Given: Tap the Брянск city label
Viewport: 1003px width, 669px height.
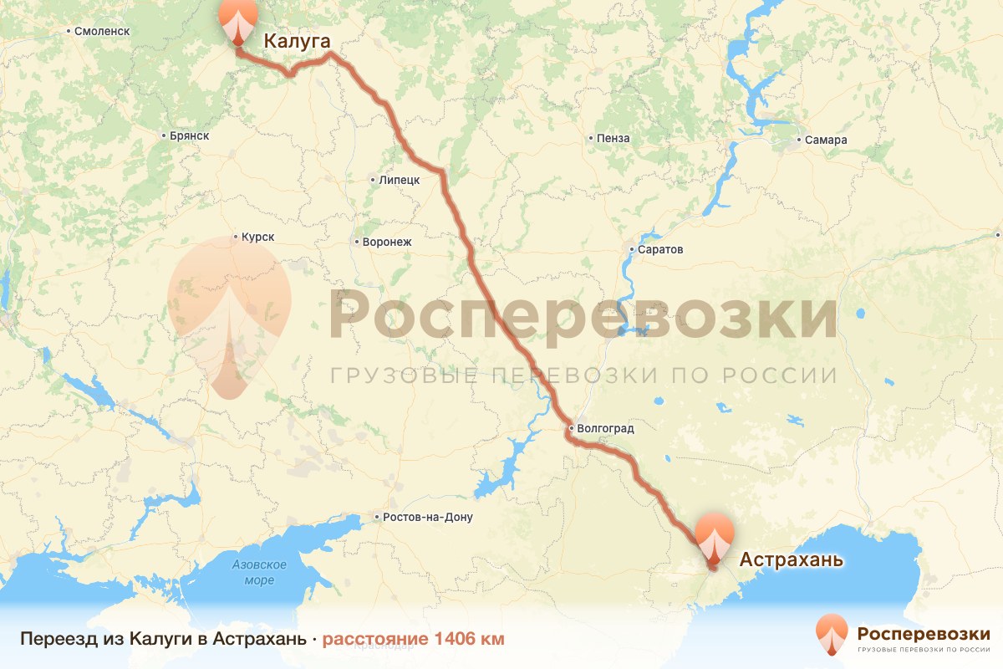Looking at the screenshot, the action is (x=189, y=135).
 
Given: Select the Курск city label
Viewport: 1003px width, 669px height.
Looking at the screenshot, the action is (x=257, y=237).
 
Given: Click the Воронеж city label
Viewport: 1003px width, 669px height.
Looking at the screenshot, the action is (x=387, y=243).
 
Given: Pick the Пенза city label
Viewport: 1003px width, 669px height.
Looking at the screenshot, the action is (x=614, y=139).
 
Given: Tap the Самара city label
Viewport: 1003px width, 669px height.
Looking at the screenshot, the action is (x=827, y=140).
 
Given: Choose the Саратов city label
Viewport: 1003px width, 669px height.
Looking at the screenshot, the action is (x=659, y=250).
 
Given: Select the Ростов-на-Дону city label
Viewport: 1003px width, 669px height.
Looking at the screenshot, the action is (x=427, y=518).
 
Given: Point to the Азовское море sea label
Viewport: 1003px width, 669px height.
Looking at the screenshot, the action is (x=259, y=573).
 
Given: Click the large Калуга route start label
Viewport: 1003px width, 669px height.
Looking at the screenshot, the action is (x=298, y=41).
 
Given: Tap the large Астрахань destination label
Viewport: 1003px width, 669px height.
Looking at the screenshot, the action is (x=791, y=559).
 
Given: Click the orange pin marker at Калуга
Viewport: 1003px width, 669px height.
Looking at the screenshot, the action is (x=238, y=20).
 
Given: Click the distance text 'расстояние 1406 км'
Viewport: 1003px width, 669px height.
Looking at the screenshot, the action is (x=414, y=640).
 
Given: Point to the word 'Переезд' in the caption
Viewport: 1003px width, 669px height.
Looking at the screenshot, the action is (x=51, y=640).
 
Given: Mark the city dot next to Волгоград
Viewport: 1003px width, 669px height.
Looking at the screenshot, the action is (x=570, y=429).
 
